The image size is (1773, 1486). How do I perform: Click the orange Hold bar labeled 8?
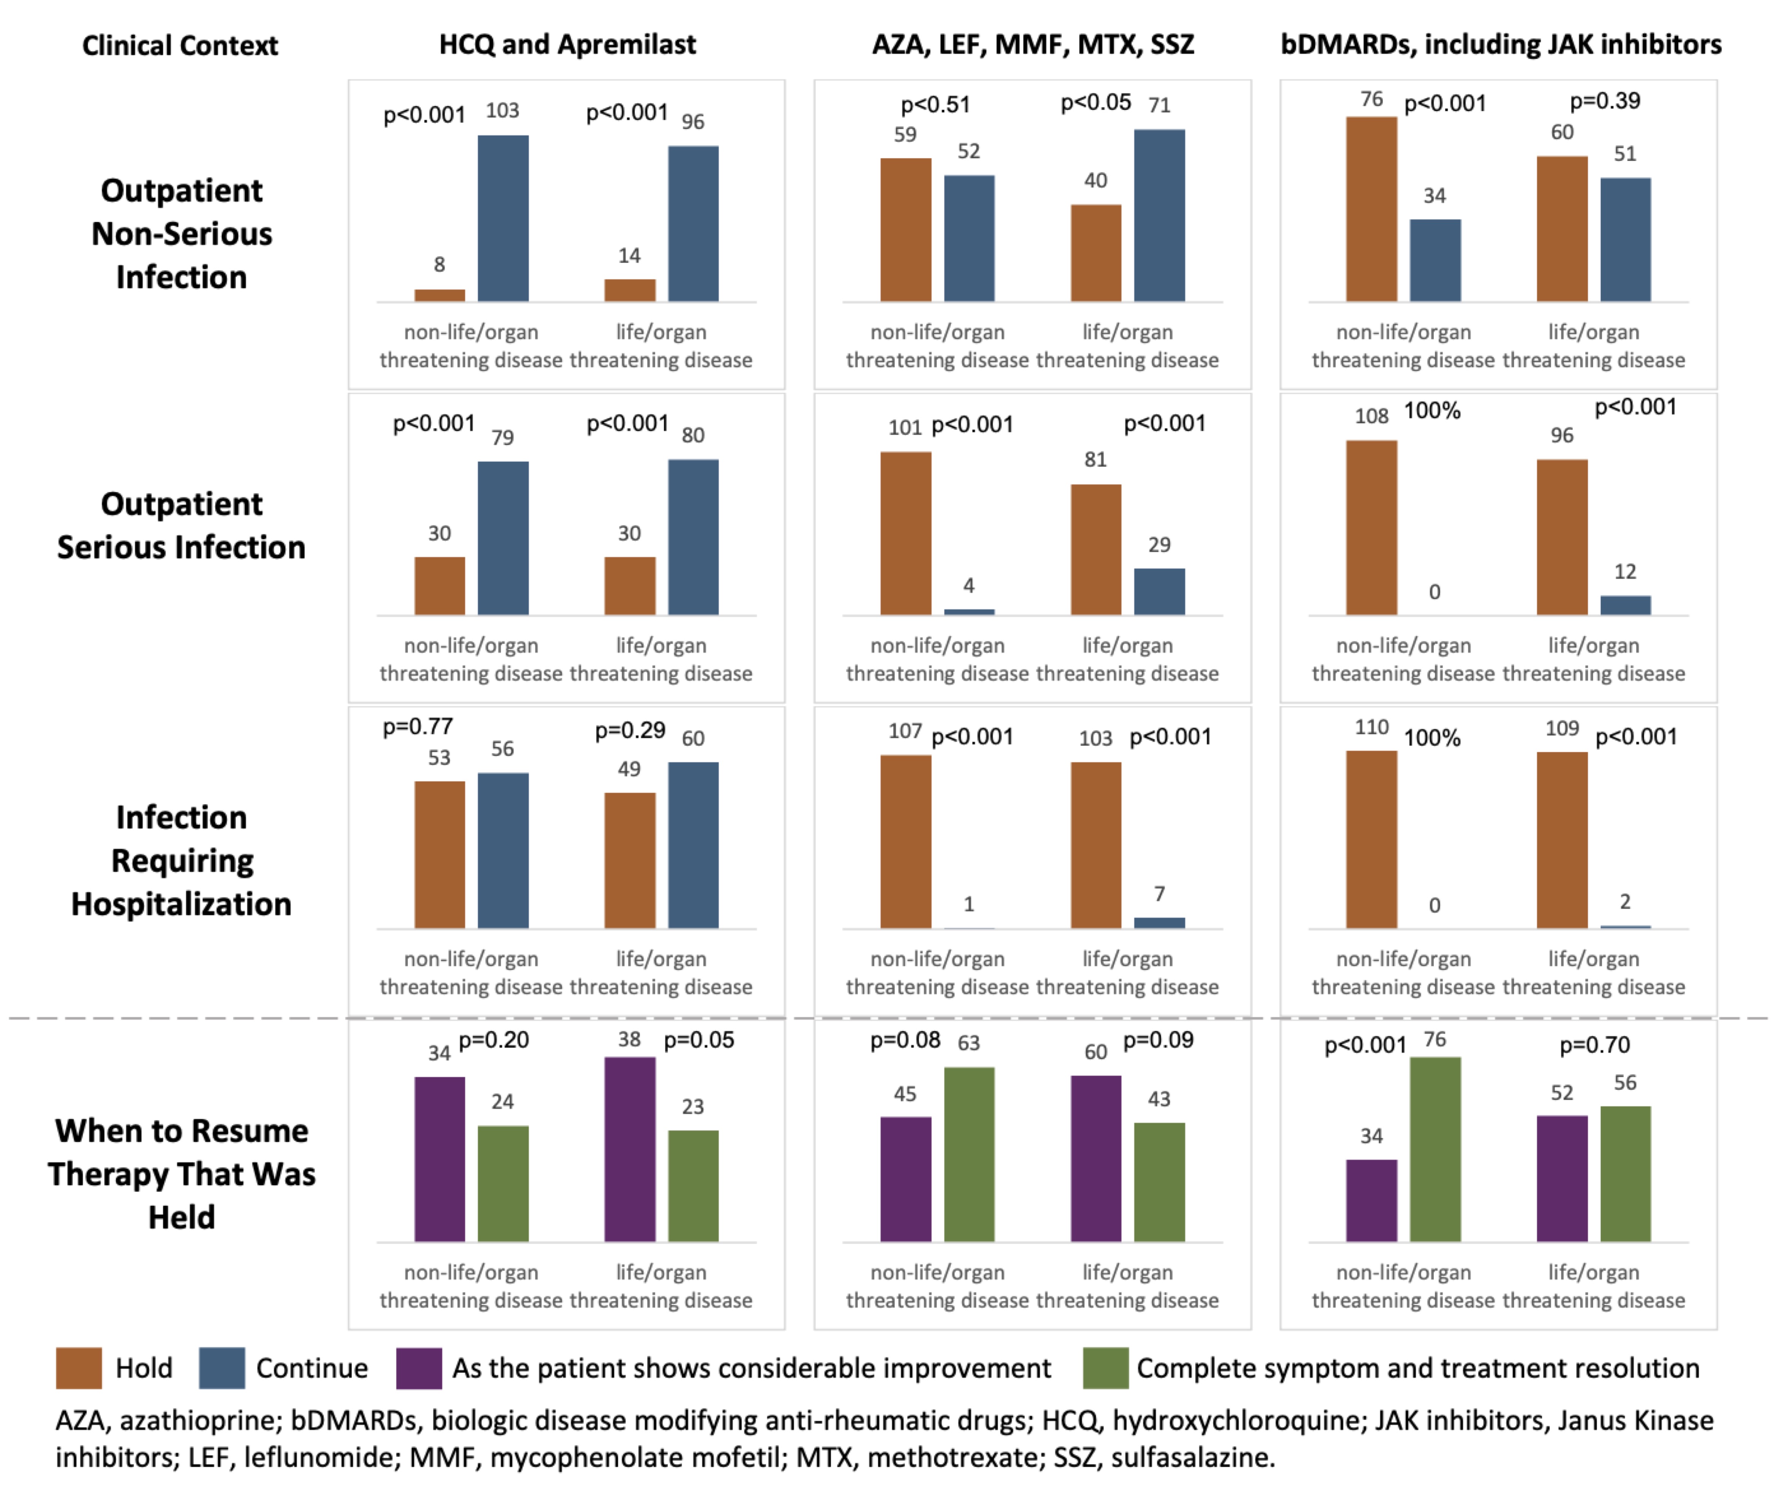tap(439, 295)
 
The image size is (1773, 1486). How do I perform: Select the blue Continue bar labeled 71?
tap(1159, 215)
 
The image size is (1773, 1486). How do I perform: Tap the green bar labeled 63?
tap(968, 1154)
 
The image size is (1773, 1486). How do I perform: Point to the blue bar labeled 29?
tap(1159, 591)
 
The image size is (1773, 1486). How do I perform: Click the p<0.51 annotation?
tap(936, 105)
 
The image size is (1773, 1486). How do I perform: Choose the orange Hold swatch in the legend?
tap(78, 1368)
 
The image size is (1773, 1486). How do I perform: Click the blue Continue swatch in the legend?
tap(221, 1368)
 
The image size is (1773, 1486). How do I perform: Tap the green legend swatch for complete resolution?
tap(1105, 1368)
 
